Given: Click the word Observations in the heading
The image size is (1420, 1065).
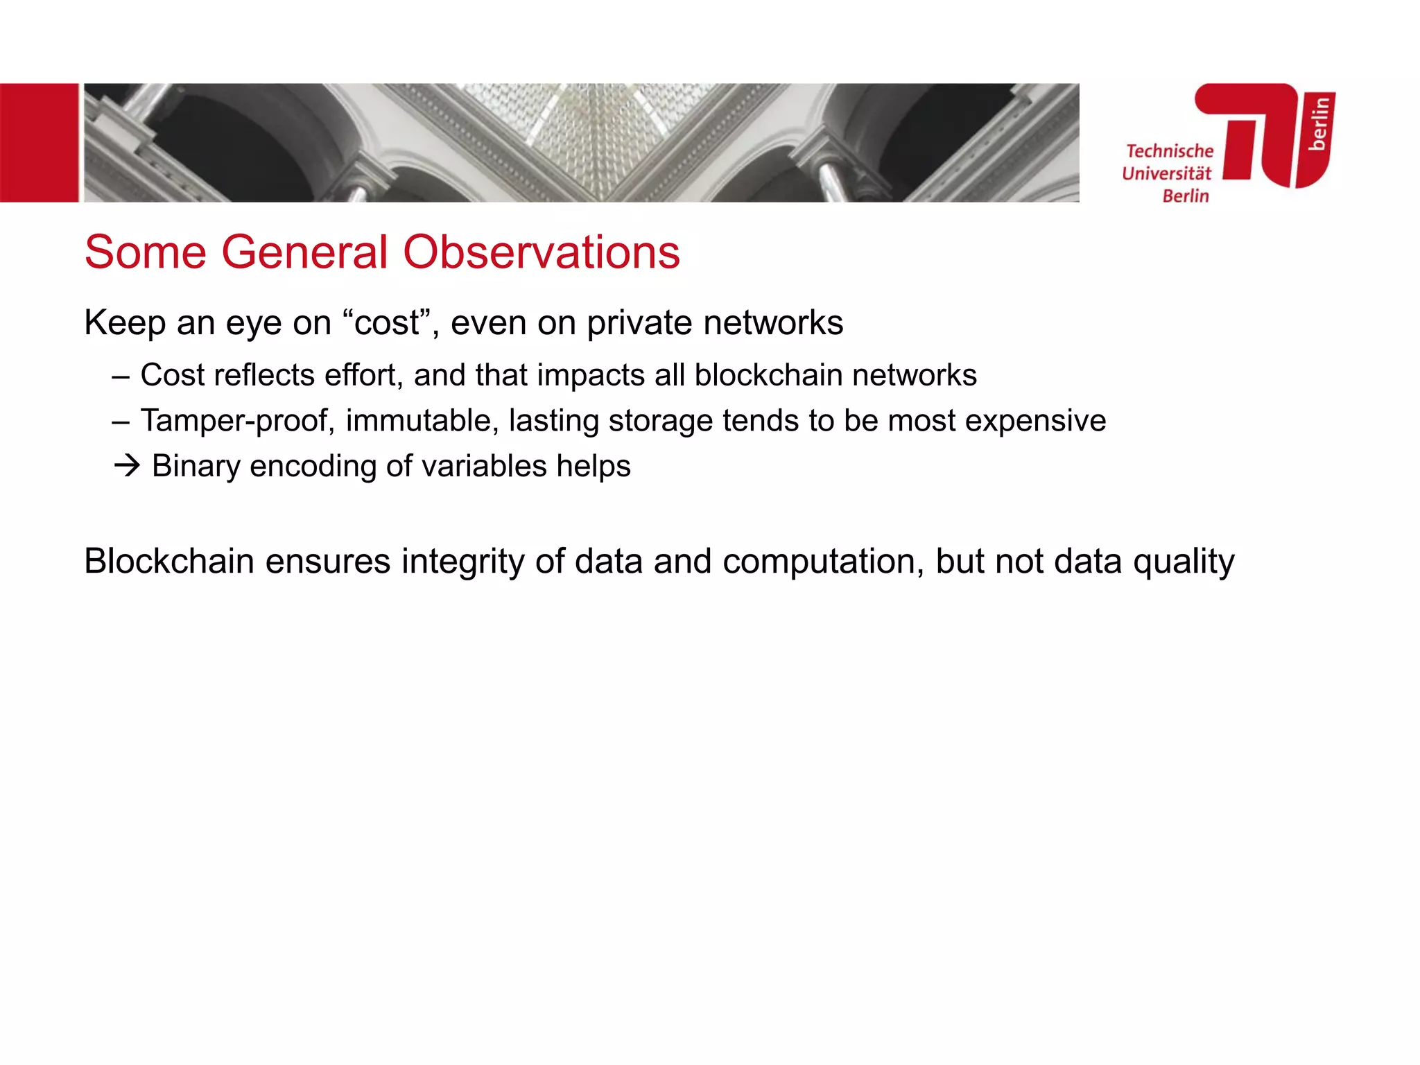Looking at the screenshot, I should click(541, 252).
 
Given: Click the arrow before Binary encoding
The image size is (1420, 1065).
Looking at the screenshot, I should click(127, 466).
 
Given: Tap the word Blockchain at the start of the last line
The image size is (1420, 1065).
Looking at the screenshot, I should click(169, 561).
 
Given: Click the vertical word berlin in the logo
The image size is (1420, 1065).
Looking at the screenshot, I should click(1319, 123).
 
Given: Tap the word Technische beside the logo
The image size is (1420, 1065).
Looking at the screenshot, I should click(1170, 151).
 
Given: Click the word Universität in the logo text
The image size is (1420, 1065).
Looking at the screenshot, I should click(1167, 173).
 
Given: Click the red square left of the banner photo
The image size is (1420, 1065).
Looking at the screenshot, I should click(39, 143).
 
